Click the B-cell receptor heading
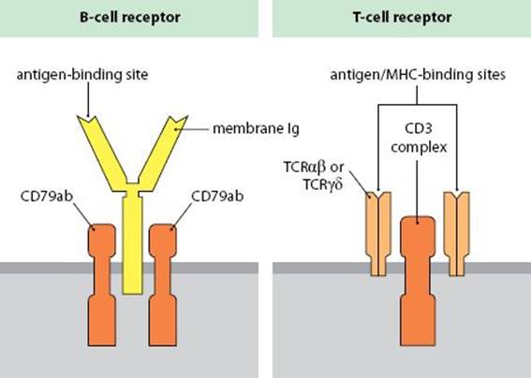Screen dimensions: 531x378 (x=129, y=17)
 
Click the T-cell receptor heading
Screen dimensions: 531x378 (x=402, y=17)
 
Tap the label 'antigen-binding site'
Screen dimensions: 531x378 (x=82, y=75)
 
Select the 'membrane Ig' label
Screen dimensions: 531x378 (x=256, y=128)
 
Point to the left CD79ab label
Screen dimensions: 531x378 (x=47, y=196)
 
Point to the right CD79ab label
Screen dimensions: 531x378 (x=217, y=196)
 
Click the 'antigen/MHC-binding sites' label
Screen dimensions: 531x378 (x=418, y=75)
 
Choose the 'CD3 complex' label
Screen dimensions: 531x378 (x=419, y=138)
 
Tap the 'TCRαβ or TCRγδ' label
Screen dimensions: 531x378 (x=314, y=176)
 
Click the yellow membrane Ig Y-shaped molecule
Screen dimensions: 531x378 (x=132, y=237)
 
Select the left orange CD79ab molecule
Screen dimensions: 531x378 (x=101, y=285)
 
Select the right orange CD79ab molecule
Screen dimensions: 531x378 (x=163, y=285)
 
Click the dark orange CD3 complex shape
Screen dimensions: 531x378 (x=418, y=281)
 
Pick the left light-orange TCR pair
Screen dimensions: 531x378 (x=378, y=234)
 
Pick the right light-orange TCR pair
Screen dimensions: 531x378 (x=456, y=234)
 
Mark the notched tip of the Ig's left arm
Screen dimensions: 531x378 (x=87, y=119)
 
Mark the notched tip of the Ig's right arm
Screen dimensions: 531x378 (x=178, y=119)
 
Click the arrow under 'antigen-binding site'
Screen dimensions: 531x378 (x=88, y=100)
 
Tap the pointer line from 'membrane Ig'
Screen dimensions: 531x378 (x=191, y=129)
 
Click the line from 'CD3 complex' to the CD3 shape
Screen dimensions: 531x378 (x=418, y=192)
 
